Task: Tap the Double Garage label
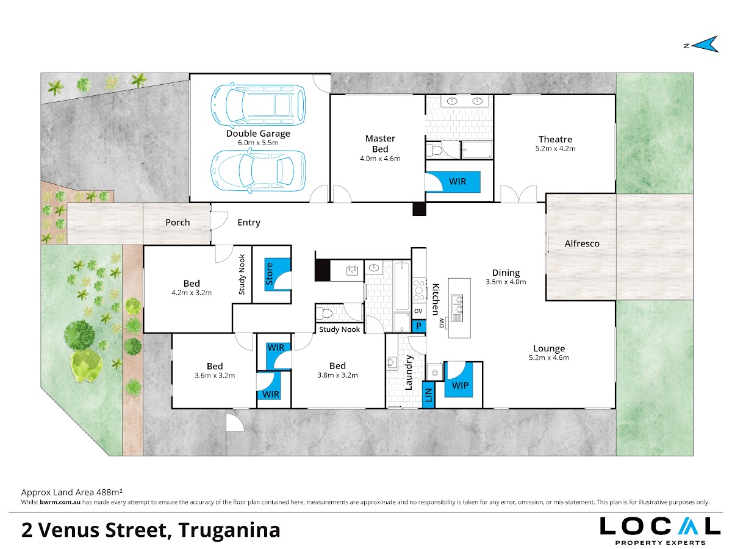point(258,134)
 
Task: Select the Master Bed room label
point(380,144)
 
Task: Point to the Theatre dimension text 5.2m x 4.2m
point(555,149)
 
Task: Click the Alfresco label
point(582,243)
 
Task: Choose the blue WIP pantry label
point(460,386)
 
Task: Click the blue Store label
point(269,274)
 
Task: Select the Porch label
point(178,222)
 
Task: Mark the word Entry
point(249,223)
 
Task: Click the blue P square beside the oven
point(419,326)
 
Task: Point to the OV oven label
point(418,311)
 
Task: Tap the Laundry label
point(409,373)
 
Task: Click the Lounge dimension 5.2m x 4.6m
point(549,357)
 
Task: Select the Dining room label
point(506,273)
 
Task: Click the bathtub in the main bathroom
point(401,286)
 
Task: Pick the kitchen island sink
point(457,307)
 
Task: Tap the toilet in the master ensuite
point(434,151)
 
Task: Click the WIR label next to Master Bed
point(457,182)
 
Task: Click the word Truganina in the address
point(229,530)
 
